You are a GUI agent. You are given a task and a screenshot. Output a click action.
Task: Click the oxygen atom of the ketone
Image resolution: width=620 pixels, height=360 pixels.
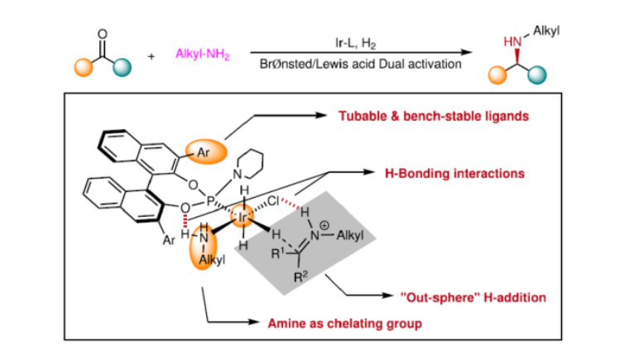tap(103, 35)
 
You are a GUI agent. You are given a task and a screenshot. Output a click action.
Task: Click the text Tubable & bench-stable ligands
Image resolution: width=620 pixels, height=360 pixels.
tap(434, 116)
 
